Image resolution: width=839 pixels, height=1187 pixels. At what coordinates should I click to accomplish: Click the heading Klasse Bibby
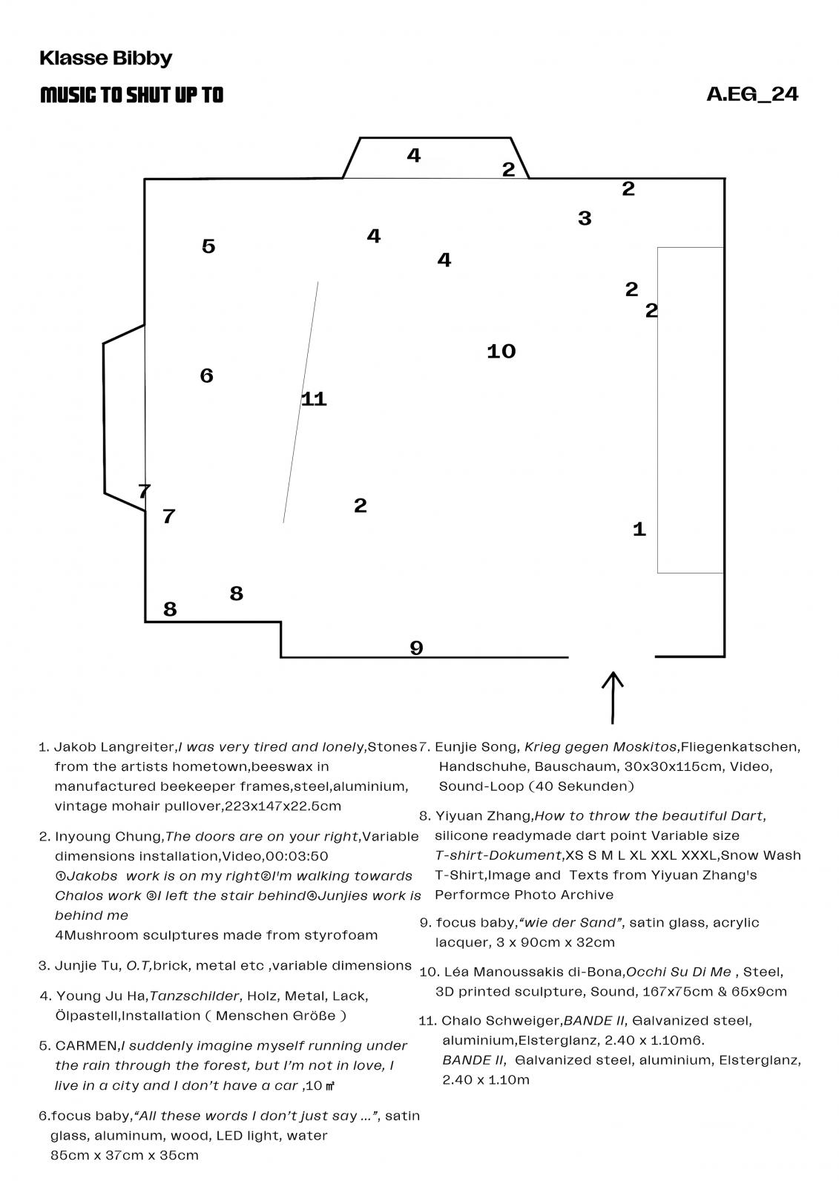[x=105, y=58]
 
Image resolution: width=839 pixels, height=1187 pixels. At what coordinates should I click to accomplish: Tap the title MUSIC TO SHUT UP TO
[x=131, y=95]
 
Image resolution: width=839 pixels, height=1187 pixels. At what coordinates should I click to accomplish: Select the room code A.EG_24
[x=751, y=94]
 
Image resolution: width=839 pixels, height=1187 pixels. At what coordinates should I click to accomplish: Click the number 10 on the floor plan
[x=501, y=351]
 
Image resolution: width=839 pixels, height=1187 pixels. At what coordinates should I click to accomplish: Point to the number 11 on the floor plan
[x=314, y=399]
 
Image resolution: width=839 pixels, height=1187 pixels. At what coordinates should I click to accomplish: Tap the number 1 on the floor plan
[x=639, y=529]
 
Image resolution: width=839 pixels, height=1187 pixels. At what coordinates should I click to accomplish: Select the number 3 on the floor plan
[x=585, y=218]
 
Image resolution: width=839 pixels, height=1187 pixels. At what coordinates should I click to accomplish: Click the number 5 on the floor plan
[x=208, y=246]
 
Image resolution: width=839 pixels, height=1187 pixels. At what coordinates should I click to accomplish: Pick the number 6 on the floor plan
[x=207, y=375]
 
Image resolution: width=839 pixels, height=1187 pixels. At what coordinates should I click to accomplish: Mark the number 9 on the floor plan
[x=416, y=648]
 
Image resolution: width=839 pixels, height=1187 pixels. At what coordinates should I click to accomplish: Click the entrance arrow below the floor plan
[x=612, y=697]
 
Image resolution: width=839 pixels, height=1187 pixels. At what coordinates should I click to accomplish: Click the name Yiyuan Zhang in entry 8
[x=483, y=816]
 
